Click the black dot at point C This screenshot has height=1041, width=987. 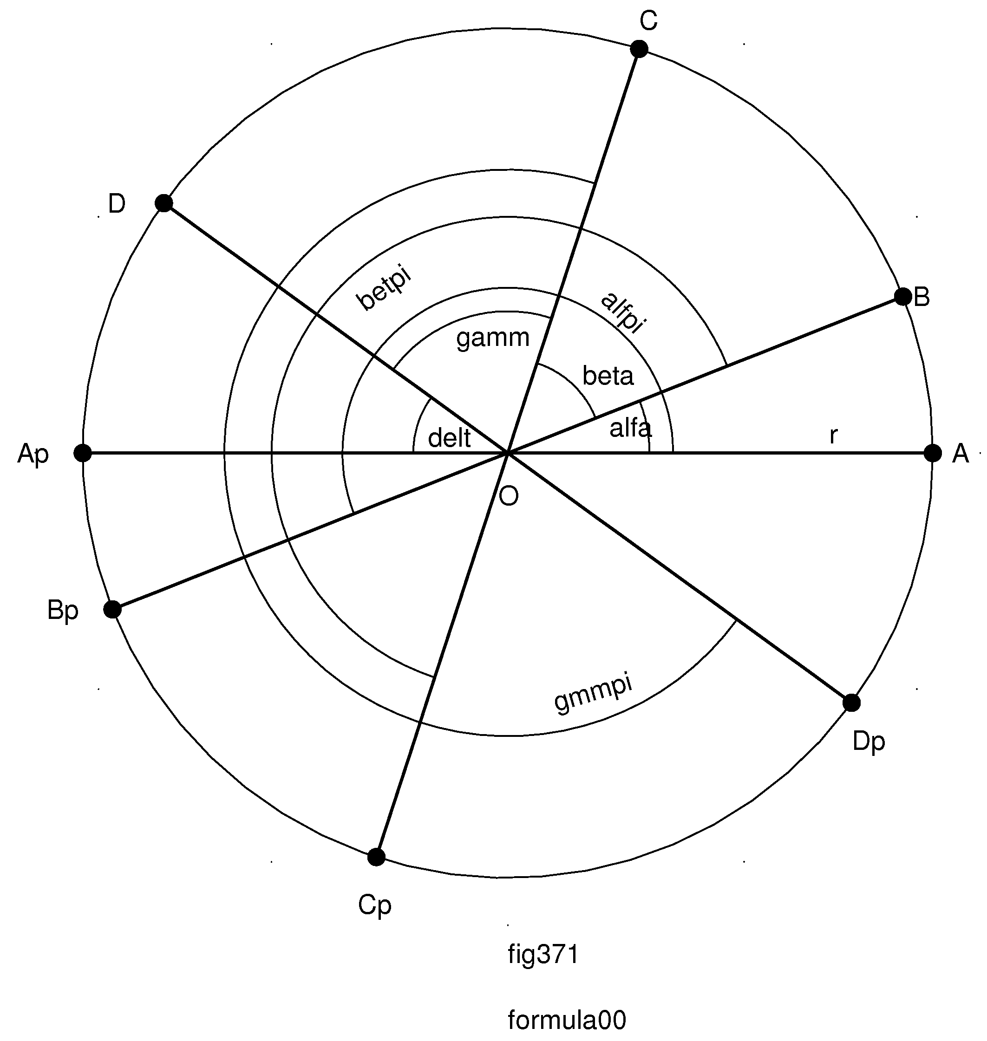click(x=639, y=49)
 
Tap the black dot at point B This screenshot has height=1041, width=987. click(x=903, y=297)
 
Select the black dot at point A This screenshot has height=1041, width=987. click(x=933, y=453)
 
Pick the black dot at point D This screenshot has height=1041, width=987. click(x=164, y=203)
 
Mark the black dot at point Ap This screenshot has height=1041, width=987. click(x=83, y=453)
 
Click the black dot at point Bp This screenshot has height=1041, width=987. click(x=112, y=610)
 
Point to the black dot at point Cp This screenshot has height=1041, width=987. click(x=376, y=857)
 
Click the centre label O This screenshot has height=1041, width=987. click(x=508, y=496)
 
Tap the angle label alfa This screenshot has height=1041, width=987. click(x=630, y=429)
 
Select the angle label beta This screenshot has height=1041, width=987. click(x=608, y=376)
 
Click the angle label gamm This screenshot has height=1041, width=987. click(x=492, y=338)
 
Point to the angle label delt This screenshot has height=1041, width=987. click(x=449, y=438)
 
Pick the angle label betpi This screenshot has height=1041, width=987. click(x=384, y=289)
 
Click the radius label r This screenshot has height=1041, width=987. click(x=833, y=435)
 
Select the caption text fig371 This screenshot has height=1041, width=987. click(x=543, y=955)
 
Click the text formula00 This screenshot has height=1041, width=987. click(x=567, y=1020)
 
